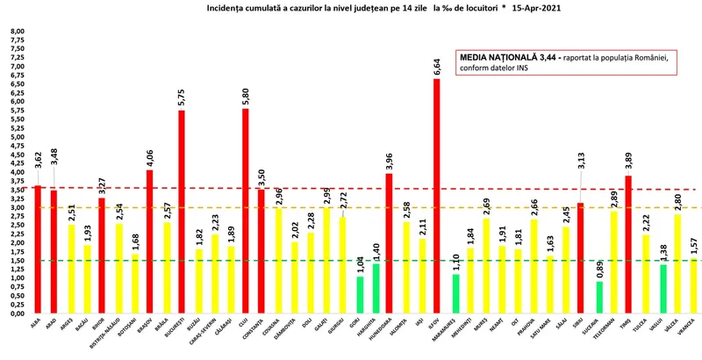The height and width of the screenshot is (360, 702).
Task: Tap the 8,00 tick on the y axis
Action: click(x=17, y=31)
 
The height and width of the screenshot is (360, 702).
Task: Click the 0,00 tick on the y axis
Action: click(x=17, y=313)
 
